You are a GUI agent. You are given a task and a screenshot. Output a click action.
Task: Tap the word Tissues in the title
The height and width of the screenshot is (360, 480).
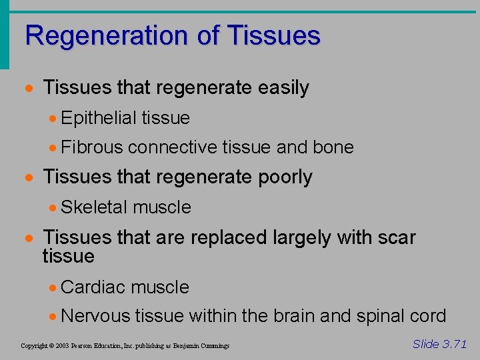[273, 35]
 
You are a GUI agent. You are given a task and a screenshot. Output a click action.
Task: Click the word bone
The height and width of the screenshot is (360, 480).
[333, 147]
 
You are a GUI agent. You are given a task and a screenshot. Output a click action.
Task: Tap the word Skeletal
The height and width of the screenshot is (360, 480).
[94, 207]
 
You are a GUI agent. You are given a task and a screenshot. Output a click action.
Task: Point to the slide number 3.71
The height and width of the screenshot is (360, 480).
[455, 344]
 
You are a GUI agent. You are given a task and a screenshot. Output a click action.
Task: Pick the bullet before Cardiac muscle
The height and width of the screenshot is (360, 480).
[53, 288]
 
